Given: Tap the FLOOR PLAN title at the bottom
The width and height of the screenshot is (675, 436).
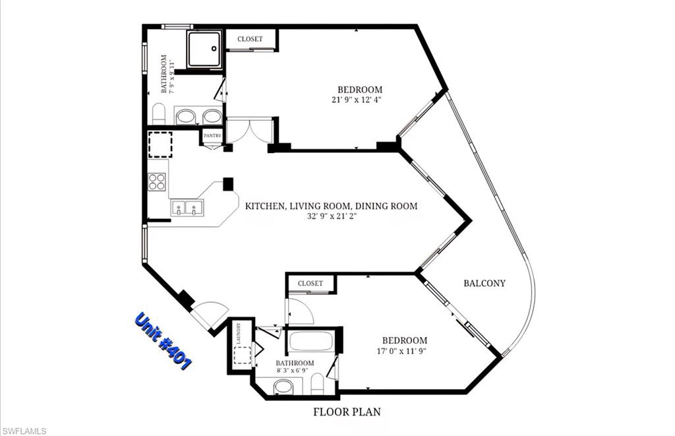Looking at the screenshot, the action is [x=347, y=412].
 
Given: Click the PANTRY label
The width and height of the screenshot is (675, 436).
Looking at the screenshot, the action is [x=212, y=135].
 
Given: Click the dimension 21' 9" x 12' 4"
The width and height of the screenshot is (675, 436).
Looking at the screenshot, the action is [x=358, y=100].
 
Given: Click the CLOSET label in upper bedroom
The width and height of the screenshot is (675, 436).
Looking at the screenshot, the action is [x=250, y=40].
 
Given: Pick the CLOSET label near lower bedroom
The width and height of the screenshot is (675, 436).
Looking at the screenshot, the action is [x=310, y=284].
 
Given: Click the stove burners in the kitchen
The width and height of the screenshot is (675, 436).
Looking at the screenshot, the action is [x=157, y=181].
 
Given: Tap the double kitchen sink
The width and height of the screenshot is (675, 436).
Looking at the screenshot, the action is [x=187, y=208].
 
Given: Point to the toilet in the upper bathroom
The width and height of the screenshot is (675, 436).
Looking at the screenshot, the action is [x=158, y=113].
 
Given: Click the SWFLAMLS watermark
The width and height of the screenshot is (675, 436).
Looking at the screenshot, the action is [x=24, y=431].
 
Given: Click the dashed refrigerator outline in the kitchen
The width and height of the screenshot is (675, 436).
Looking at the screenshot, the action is [x=160, y=144].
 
